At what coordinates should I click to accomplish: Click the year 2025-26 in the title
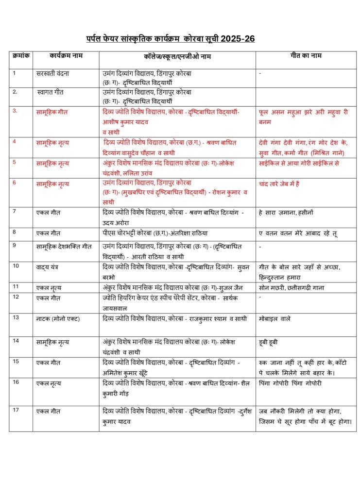(239, 39)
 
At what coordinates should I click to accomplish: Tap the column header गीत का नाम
(306, 56)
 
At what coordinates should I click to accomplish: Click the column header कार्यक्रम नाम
(66, 56)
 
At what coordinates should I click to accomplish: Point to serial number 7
(15, 211)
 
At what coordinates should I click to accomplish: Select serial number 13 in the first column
(16, 317)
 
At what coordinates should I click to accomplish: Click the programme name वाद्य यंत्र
(51, 266)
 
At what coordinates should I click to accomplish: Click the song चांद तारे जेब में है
(286, 184)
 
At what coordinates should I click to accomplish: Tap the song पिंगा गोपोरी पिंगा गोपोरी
(290, 383)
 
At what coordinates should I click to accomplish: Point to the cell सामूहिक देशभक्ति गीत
(64, 246)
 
